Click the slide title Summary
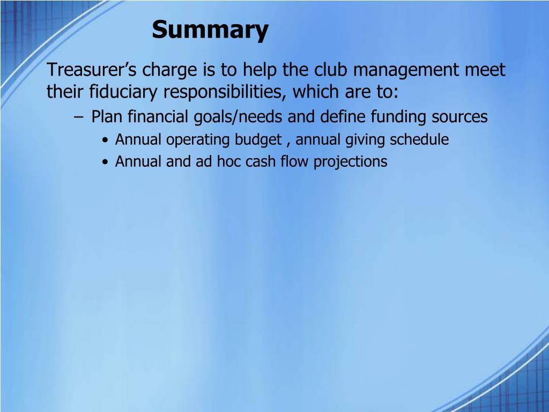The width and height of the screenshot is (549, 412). coord(210,30)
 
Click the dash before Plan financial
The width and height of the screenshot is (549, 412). coord(79,116)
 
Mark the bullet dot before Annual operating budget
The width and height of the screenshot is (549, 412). coord(106,141)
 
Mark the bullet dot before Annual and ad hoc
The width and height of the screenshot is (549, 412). coord(106,162)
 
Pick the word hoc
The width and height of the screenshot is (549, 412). coord(229,161)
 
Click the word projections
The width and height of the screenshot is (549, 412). coord(350,162)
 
